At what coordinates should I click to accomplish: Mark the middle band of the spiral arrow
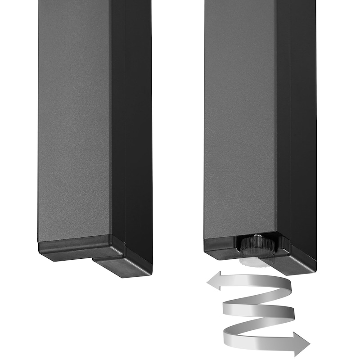[259, 310]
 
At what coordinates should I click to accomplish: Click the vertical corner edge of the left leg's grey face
[111, 135]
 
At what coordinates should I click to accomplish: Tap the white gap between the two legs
[178, 135]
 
